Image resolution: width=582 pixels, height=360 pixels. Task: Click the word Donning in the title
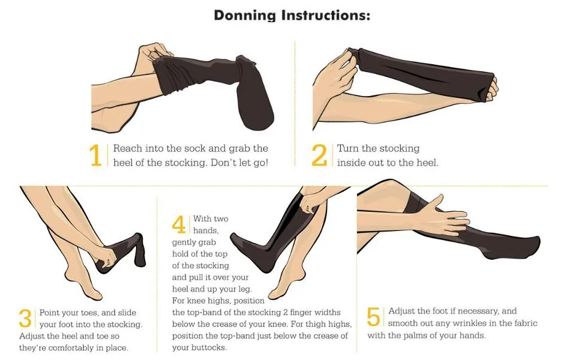tap(245, 16)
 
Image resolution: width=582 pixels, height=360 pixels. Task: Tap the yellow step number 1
tap(95, 155)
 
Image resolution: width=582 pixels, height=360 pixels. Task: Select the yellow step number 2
tap(319, 155)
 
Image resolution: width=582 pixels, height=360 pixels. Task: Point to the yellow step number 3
tap(25, 319)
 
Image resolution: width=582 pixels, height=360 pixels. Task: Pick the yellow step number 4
tap(179, 224)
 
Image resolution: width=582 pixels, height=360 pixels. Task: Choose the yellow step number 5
tap(373, 317)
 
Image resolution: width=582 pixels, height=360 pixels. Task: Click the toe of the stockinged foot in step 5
tap(533, 245)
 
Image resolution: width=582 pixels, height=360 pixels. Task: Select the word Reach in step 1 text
tap(128, 148)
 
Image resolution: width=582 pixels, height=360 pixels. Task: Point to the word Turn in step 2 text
tap(348, 148)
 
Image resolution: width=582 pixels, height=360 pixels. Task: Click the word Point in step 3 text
tap(50, 313)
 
